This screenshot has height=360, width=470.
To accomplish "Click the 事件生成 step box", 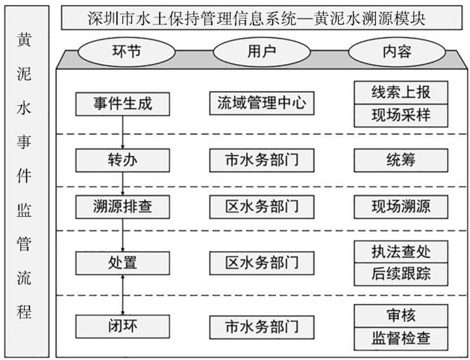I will tap(124, 104).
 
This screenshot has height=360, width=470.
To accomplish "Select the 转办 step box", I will tap(124, 160).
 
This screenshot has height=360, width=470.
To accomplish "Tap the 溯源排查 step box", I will tap(124, 205).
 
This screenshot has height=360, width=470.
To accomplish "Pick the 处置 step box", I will tap(124, 262).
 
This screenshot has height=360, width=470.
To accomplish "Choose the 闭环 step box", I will tap(124, 326).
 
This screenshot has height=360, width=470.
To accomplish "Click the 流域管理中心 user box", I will tap(257, 104).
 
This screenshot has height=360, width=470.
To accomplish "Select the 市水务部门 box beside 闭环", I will tap(257, 326).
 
